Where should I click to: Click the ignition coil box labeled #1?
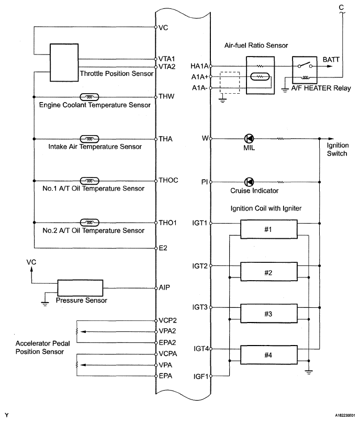pyautogui.click(x=269, y=229)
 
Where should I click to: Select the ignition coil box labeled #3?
pyautogui.click(x=269, y=313)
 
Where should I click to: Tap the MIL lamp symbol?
pyautogui.click(x=249, y=139)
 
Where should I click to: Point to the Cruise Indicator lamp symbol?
pyautogui.click(x=249, y=182)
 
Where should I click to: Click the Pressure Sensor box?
pyautogui.click(x=80, y=288)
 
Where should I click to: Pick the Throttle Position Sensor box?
pyautogui.click(x=64, y=62)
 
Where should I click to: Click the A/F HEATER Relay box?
pyautogui.click(x=305, y=70)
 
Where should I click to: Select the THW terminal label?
pyautogui.click(x=166, y=96)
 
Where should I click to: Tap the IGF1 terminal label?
pyautogui.click(x=201, y=376)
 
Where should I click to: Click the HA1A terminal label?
pyautogui.click(x=199, y=66)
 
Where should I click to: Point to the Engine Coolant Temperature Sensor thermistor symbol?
pyautogui.click(x=89, y=97)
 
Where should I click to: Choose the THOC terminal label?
pyautogui.click(x=168, y=180)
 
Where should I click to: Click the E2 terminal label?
pyautogui.click(x=163, y=248)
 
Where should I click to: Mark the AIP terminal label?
pyautogui.click(x=164, y=287)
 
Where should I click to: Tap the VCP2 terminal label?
pyautogui.click(x=167, y=320)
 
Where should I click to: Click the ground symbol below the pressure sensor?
pyautogui.click(x=45, y=304)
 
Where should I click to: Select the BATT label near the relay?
pyautogui.click(x=331, y=60)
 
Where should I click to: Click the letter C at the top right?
pyautogui.click(x=341, y=7)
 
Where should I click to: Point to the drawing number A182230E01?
pyautogui.click(x=345, y=415)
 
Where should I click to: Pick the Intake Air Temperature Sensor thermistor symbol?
pyautogui.click(x=89, y=139)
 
